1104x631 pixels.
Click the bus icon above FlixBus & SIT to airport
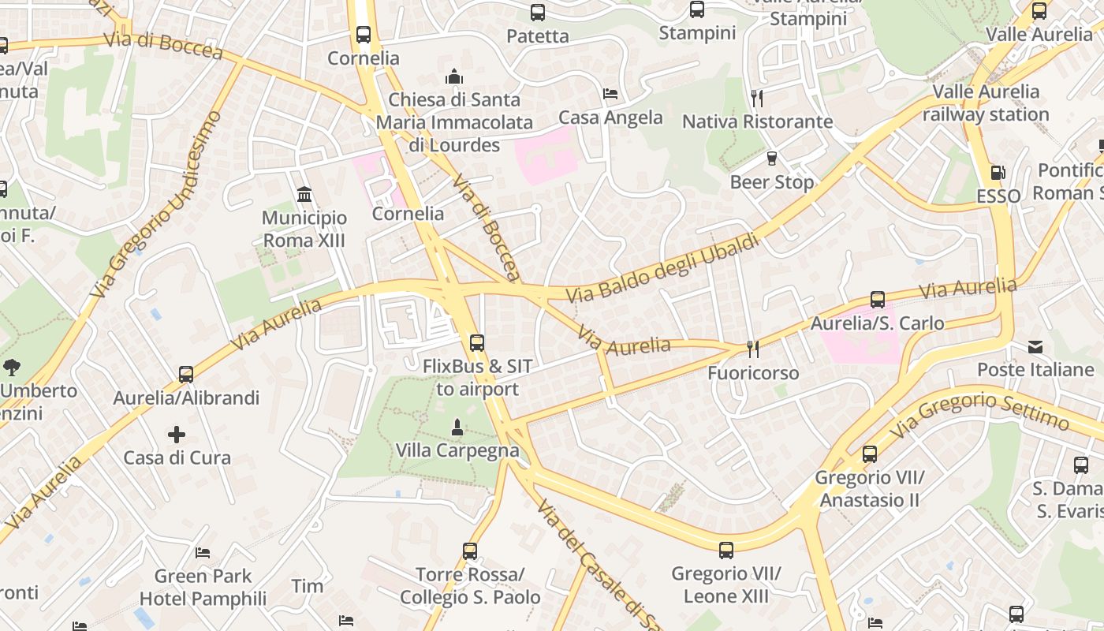tap(476, 343)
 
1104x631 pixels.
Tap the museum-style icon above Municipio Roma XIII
tap(304, 194)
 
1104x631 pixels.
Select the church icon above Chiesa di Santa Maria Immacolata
tap(454, 77)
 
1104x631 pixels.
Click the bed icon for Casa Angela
tap(610, 94)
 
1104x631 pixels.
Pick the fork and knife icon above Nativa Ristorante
tap(757, 98)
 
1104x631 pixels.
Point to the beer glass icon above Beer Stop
tap(772, 159)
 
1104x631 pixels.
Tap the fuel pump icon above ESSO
tap(998, 173)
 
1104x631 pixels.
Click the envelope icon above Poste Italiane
tap(1035, 346)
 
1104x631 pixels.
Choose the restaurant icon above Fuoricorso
tap(753, 349)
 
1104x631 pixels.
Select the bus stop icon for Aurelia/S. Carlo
tap(877, 300)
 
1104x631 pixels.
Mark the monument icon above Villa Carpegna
tap(457, 428)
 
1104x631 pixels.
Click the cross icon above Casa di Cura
tap(177, 434)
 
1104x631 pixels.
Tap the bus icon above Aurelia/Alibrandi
tap(186, 374)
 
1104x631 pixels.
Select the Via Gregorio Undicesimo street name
tap(157, 205)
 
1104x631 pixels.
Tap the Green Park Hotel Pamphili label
tap(203, 588)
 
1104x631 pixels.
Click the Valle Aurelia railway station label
tap(986, 103)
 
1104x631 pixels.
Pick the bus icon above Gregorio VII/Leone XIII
tap(726, 550)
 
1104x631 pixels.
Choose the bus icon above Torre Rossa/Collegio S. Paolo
tap(470, 551)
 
